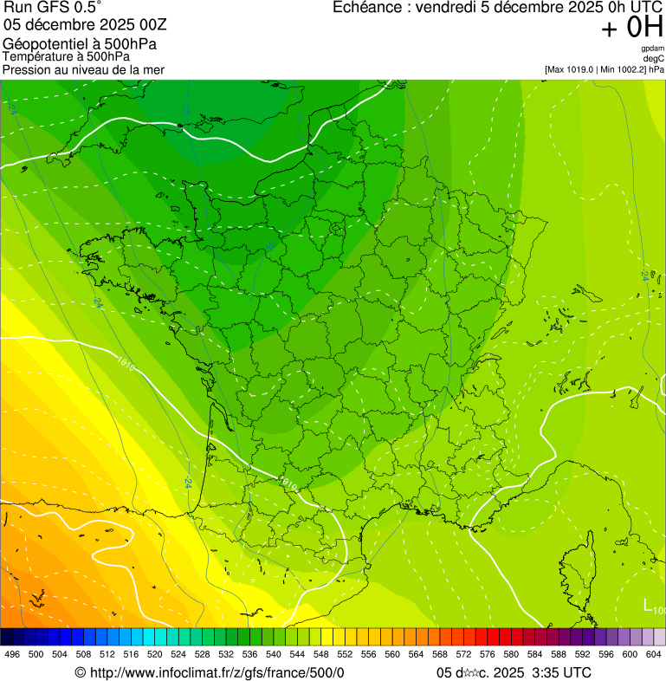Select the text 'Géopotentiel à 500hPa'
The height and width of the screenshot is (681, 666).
(x=80, y=44)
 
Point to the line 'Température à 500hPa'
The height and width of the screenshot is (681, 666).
(x=66, y=56)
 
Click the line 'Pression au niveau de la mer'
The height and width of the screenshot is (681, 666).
(x=83, y=69)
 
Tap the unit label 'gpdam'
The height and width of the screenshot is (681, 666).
(x=652, y=49)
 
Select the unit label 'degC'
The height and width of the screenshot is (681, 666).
(x=654, y=58)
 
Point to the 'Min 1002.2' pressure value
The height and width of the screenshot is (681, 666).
(x=623, y=68)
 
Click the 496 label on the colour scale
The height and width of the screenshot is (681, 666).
(x=12, y=654)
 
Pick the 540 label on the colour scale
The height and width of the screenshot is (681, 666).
(x=273, y=654)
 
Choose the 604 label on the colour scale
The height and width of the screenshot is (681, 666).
(x=653, y=654)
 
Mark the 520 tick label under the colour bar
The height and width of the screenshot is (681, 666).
(x=154, y=654)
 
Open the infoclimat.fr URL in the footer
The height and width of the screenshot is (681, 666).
(x=217, y=672)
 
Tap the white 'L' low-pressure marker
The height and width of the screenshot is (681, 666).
(x=647, y=605)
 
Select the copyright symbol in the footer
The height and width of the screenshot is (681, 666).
(x=81, y=672)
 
